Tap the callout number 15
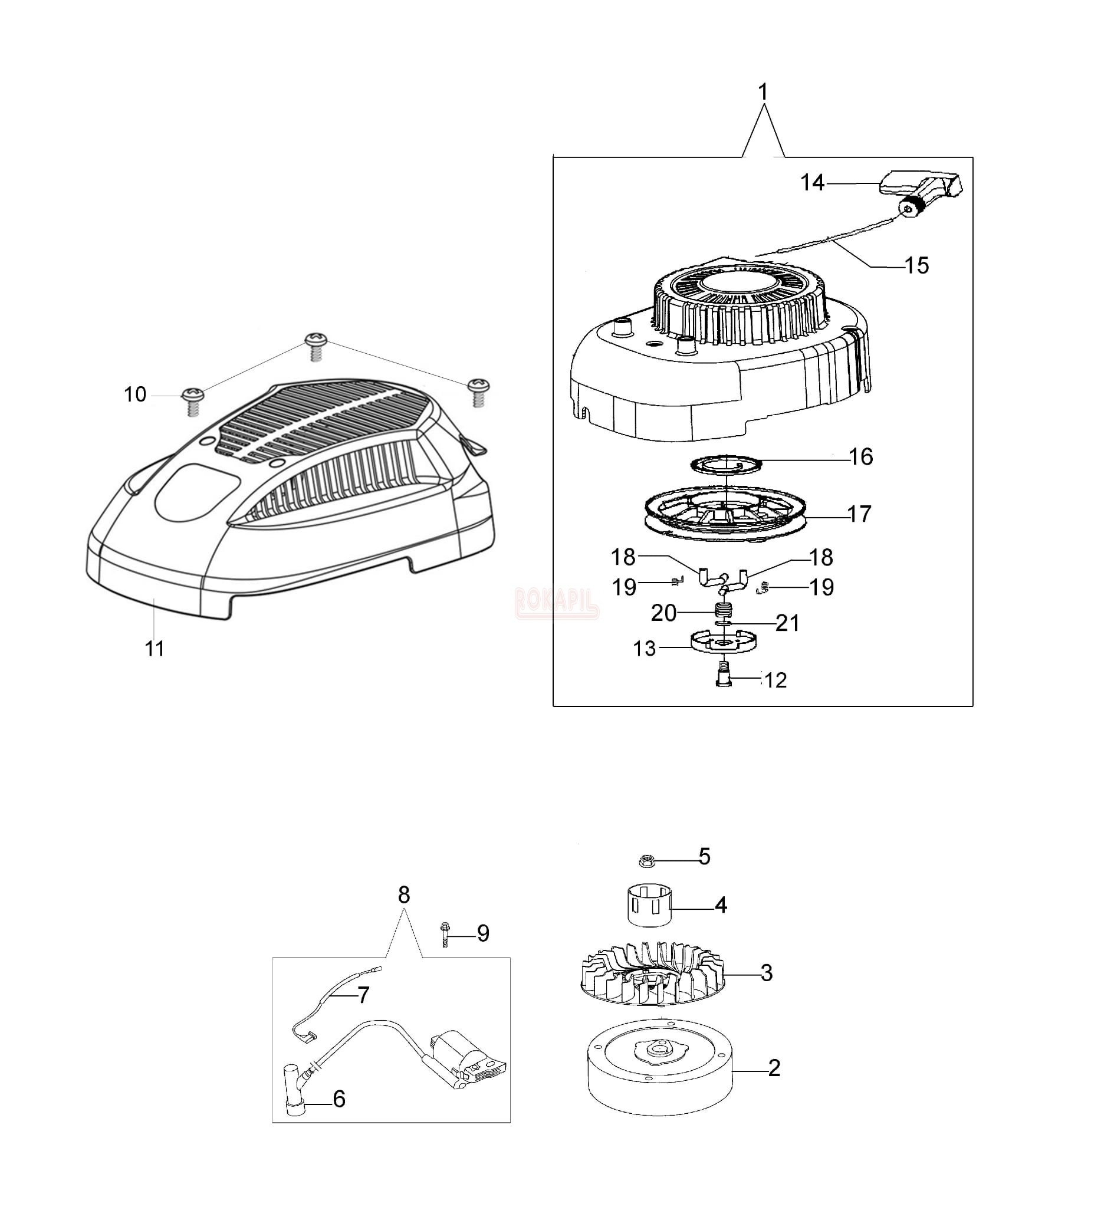click(x=917, y=265)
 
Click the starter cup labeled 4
click(x=649, y=905)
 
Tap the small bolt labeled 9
click(x=445, y=935)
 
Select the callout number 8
click(x=404, y=895)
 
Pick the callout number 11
click(x=155, y=649)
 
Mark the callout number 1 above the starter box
click(x=763, y=92)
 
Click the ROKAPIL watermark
click(x=557, y=603)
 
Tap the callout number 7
click(x=363, y=995)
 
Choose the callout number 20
click(x=663, y=613)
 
